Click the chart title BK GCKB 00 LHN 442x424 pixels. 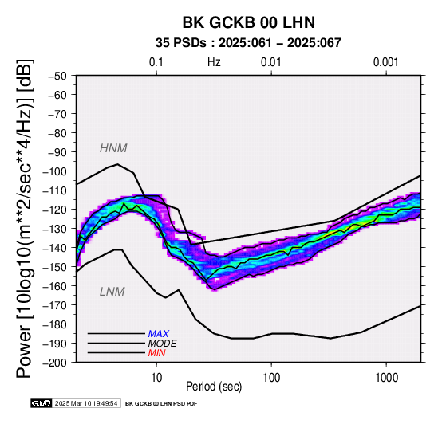coord(249,22)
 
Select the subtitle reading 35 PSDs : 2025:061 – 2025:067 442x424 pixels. coord(248,43)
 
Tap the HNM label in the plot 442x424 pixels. coord(113,148)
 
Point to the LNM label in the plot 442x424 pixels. coord(112,292)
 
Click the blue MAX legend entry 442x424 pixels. coord(159,334)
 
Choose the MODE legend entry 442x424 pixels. coord(163,344)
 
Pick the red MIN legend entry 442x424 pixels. coord(156,353)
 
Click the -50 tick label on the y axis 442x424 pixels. coord(57,76)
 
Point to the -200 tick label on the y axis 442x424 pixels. coord(55,363)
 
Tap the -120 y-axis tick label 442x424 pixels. coord(55,210)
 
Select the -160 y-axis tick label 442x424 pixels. coord(55,286)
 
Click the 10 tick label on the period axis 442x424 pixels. coord(156,377)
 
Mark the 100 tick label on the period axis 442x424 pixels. coord(271,377)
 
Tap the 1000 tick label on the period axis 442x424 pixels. coord(386,377)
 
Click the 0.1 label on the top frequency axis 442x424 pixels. coord(156,62)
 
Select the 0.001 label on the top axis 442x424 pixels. coord(386,62)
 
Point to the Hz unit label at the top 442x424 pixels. coord(214,62)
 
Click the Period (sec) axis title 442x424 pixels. coord(214,387)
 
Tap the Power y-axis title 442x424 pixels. coord(24,218)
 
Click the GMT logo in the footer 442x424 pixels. coord(41,403)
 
